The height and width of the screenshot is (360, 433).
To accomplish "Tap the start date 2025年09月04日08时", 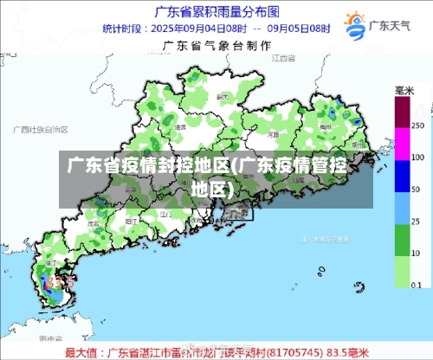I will [192, 29].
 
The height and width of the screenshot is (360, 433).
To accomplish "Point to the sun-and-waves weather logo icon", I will [355, 23].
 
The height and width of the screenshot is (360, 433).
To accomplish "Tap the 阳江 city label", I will [132, 222].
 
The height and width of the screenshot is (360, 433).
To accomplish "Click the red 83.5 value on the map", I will [61, 281].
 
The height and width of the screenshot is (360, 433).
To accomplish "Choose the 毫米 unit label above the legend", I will [404, 90].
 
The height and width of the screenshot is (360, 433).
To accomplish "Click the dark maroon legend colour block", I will [402, 112].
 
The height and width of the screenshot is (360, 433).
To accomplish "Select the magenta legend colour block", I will [402, 144].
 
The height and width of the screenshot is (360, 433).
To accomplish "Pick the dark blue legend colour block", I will [402, 176].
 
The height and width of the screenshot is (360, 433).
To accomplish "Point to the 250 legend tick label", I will [418, 125].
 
